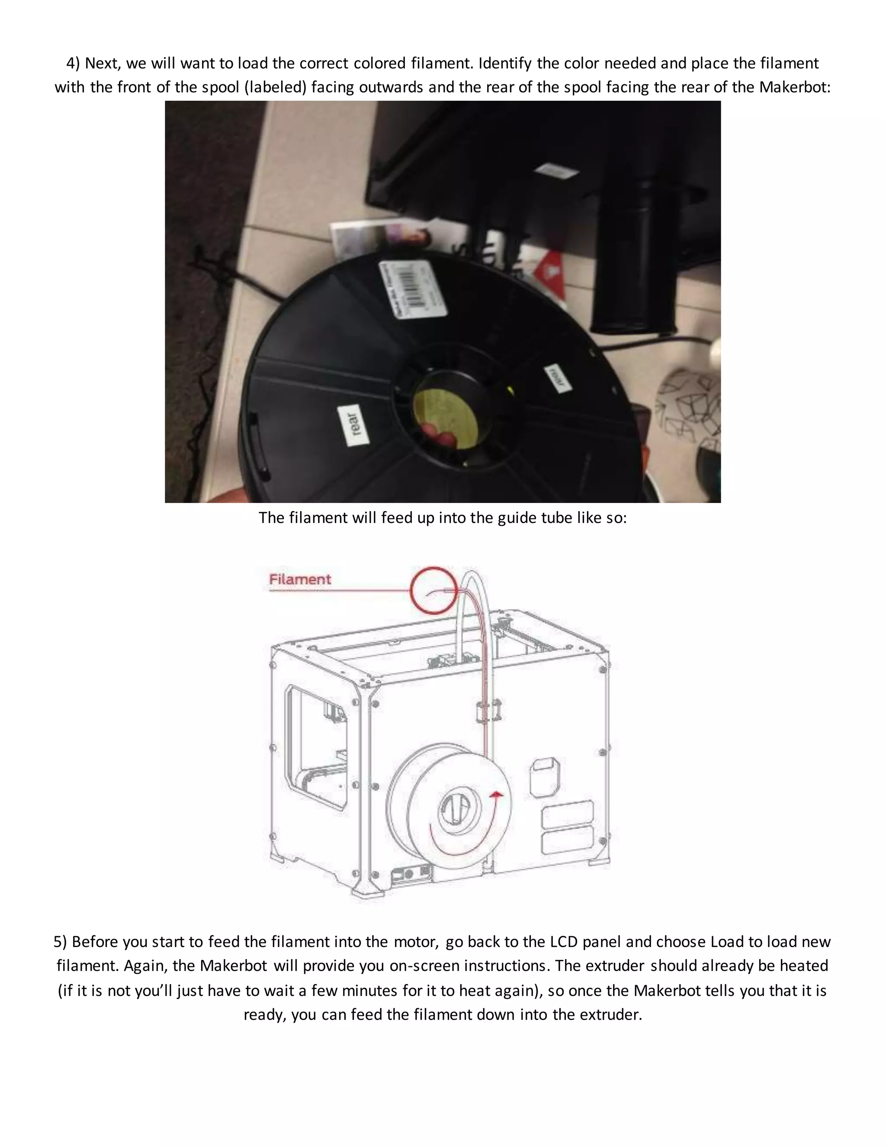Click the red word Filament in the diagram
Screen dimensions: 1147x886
(x=300, y=579)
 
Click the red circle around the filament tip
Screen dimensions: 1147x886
(x=433, y=590)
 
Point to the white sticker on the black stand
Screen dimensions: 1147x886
(x=556, y=170)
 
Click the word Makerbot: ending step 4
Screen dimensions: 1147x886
(x=795, y=87)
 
